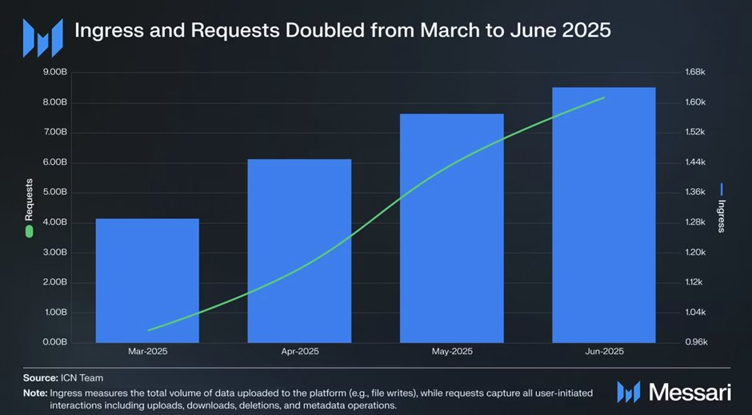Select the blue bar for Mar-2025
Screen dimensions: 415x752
click(148, 280)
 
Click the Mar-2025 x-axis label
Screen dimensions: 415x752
click(148, 351)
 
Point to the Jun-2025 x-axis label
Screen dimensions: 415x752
click(604, 351)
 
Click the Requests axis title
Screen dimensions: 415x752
click(29, 199)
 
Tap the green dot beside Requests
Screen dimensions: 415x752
click(29, 231)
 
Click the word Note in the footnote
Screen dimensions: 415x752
click(34, 393)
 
